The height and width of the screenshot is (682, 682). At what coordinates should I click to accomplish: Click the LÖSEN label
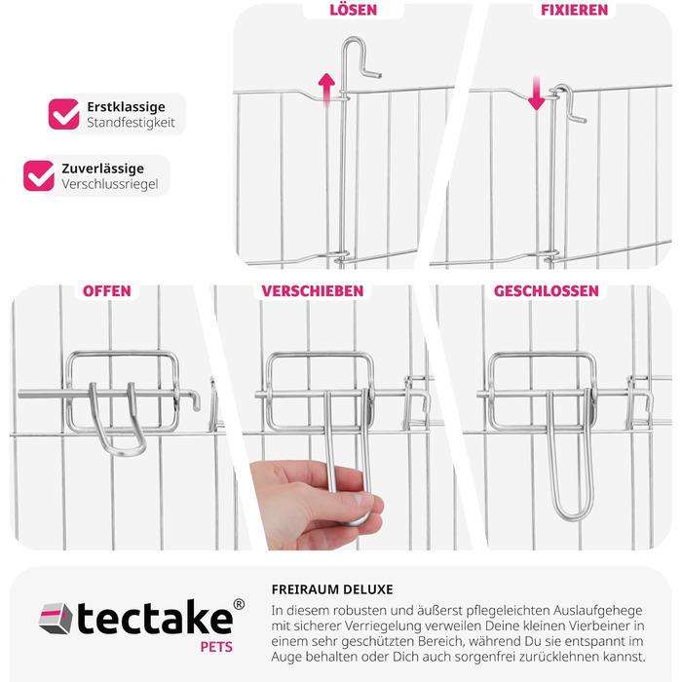point(353,11)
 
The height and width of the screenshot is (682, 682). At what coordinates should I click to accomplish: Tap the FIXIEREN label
point(574,11)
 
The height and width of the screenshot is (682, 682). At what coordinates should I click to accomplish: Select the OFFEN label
point(106,291)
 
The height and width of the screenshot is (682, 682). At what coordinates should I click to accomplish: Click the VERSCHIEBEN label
point(312,291)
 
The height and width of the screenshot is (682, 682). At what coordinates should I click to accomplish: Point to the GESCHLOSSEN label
point(546,291)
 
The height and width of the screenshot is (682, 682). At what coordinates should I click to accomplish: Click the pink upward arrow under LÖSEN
point(327,88)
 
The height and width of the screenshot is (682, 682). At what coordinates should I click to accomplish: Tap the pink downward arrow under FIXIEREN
point(536,94)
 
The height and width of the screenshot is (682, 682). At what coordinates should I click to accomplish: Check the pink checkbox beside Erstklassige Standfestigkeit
point(64,114)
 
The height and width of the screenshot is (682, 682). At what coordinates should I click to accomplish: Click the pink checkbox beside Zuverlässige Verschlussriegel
point(39,175)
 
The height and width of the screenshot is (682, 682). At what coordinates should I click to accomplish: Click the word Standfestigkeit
point(129,124)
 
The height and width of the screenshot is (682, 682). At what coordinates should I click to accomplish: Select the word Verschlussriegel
point(109,184)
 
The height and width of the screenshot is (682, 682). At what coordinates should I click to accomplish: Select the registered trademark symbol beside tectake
point(239,605)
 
